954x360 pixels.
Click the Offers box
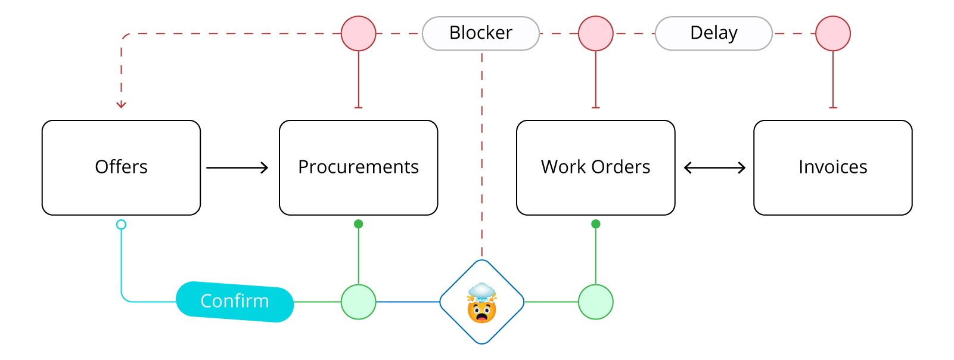click(121, 167)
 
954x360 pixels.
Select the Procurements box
click(358, 167)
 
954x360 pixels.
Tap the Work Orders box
click(595, 167)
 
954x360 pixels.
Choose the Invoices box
click(832, 167)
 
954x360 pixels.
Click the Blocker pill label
click(481, 33)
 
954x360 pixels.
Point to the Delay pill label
click(713, 33)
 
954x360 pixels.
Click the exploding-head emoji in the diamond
click(482, 302)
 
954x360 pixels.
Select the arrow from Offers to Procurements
click(237, 168)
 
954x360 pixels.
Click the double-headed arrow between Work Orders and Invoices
click(714, 168)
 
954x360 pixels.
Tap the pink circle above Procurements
click(358, 33)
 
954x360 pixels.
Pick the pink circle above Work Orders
click(595, 33)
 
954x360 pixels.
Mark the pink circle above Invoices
click(832, 33)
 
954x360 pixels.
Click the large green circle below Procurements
click(358, 302)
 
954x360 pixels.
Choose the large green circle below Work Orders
click(595, 302)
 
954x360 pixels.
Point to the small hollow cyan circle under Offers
click(121, 225)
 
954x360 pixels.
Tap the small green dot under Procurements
click(358, 224)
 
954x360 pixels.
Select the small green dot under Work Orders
click(595, 224)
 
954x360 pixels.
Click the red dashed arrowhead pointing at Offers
click(121, 105)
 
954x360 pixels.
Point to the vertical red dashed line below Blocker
click(482, 155)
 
